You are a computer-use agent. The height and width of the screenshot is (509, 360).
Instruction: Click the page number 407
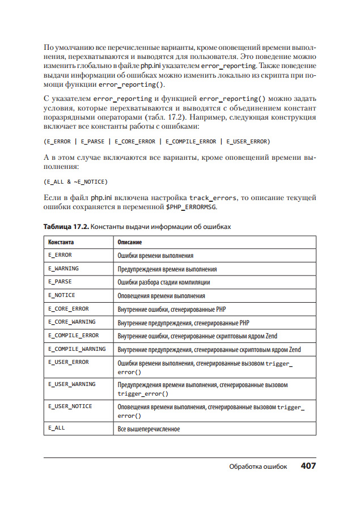coord(308,466)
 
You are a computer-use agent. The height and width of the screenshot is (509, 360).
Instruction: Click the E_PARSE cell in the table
coord(60,281)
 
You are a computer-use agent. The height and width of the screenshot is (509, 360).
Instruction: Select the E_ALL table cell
coord(57,428)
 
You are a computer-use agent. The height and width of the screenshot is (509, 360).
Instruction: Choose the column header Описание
coord(130,242)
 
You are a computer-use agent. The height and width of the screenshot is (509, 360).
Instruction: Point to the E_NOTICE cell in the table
coord(62,295)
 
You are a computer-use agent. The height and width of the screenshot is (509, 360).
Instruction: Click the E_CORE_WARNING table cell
coord(72,322)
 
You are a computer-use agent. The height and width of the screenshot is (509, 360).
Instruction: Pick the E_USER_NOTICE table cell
coord(70,406)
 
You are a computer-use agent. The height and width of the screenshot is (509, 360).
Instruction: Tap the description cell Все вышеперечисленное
coord(149,429)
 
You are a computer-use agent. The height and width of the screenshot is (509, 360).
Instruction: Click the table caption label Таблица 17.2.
coord(66,227)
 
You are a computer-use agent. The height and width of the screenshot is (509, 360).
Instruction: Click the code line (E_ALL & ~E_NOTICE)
coord(75,181)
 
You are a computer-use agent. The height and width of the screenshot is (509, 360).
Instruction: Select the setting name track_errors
coord(214,197)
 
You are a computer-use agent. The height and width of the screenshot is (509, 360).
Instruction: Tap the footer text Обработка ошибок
coord(258,466)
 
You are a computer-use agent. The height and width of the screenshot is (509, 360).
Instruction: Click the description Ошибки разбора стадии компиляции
coord(164,282)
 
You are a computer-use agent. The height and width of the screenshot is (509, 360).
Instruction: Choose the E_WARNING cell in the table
coord(63,268)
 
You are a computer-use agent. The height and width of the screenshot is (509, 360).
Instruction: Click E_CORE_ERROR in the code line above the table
coord(135,141)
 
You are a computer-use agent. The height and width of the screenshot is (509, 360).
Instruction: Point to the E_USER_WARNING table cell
coord(72,384)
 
